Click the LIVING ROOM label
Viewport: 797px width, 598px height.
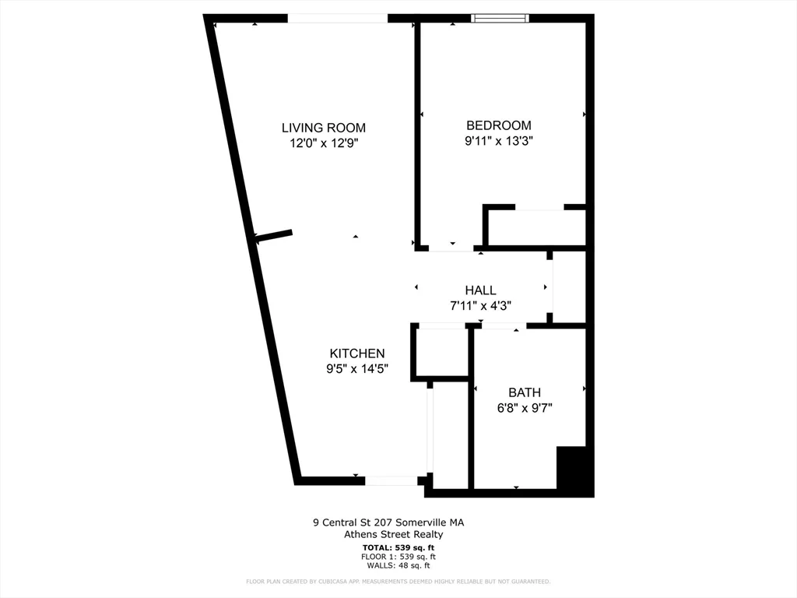coord(323,128)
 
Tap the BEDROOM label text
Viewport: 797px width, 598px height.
coord(498,125)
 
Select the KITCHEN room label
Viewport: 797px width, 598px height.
coord(356,354)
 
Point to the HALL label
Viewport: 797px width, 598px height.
coord(480,290)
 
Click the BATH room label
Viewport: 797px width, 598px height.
coord(524,392)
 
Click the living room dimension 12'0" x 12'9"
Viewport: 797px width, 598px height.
coord(323,143)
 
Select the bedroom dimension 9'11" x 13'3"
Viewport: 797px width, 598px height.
coord(498,141)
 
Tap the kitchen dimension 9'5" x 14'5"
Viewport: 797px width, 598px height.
coord(356,369)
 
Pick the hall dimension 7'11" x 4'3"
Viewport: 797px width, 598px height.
coord(480,306)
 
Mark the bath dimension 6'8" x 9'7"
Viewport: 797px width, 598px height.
coord(524,408)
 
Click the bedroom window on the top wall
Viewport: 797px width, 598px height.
coord(500,18)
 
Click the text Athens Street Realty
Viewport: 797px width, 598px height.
coord(393,534)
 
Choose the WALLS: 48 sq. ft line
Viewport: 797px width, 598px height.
coord(398,565)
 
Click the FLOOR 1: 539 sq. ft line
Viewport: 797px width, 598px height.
coord(398,557)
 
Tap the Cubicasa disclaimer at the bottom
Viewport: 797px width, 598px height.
coord(398,582)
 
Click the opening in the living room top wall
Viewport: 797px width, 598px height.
coord(337,18)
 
